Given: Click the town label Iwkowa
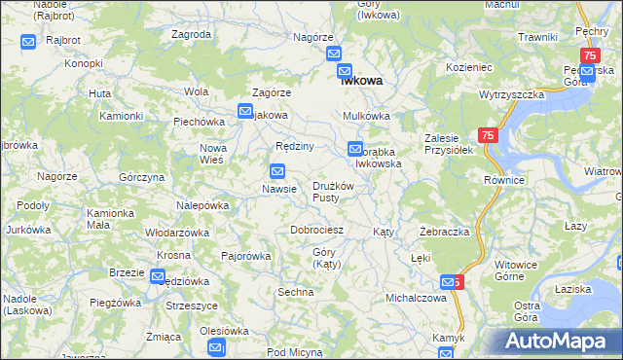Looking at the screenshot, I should [360, 83].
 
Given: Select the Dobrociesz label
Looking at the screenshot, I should [317, 230].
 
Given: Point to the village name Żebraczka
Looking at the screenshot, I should [445, 233].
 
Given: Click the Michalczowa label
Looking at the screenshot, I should [416, 298].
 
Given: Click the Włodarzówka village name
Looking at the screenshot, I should [177, 234].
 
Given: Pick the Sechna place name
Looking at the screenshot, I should [296, 292].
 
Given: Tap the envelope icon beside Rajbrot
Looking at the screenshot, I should [27, 43].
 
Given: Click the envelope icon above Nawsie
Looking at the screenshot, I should [277, 171].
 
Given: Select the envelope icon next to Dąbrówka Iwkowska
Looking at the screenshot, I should [354, 149].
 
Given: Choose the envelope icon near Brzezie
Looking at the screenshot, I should [157, 276].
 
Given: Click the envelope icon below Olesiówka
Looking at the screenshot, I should [216, 347].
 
